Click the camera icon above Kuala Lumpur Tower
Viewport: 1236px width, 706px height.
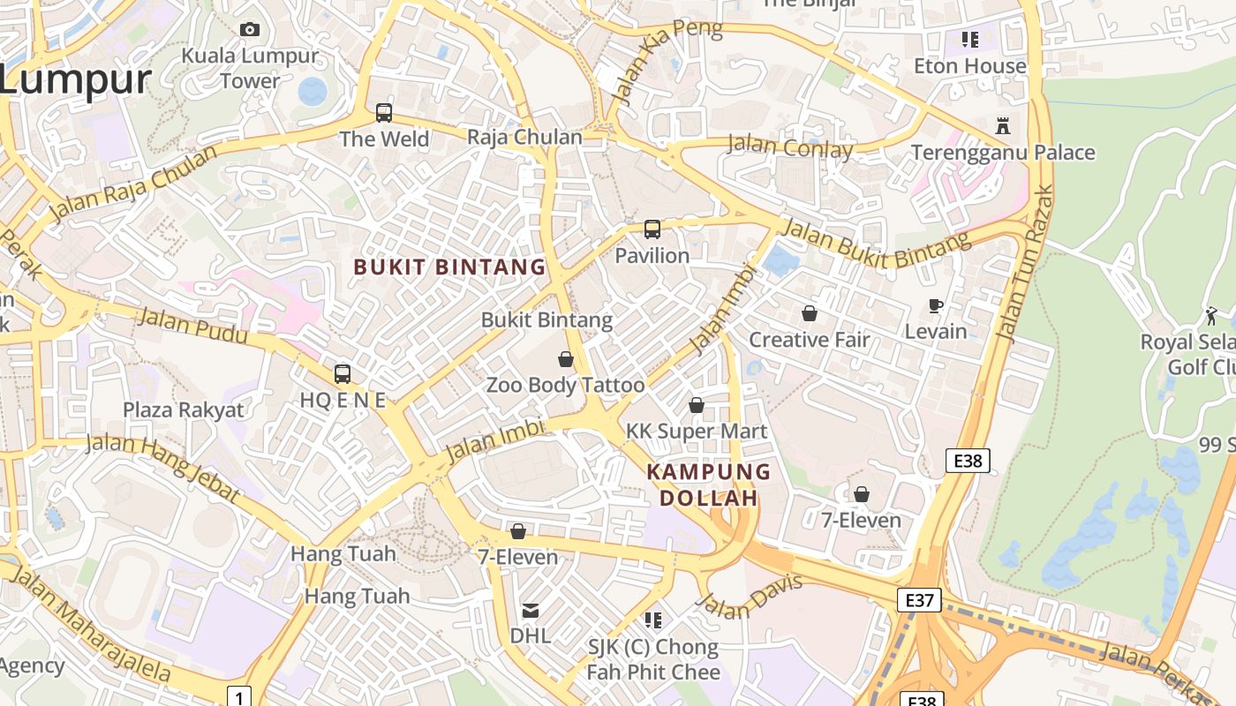(x=250, y=29)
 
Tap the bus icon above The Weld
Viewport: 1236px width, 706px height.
(x=384, y=112)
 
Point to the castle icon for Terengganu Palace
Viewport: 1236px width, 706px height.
(x=1003, y=125)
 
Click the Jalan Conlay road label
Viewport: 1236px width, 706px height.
(x=789, y=146)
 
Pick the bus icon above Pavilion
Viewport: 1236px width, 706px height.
(x=652, y=229)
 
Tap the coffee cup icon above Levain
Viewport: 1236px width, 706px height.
(x=936, y=305)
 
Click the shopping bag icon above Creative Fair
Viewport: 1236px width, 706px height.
(x=810, y=313)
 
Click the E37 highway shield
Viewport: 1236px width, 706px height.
(x=919, y=600)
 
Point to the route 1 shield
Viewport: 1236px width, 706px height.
(x=238, y=696)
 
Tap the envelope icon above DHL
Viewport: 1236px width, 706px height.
(x=531, y=610)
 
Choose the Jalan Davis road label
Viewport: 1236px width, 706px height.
(x=750, y=597)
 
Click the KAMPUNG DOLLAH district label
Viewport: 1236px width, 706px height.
(x=709, y=484)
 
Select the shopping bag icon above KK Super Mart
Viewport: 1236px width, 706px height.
(x=697, y=405)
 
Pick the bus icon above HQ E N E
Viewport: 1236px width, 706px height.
(x=343, y=373)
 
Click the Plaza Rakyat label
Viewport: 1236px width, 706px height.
(x=184, y=409)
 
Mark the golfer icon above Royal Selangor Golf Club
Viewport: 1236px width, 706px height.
(x=1211, y=315)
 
